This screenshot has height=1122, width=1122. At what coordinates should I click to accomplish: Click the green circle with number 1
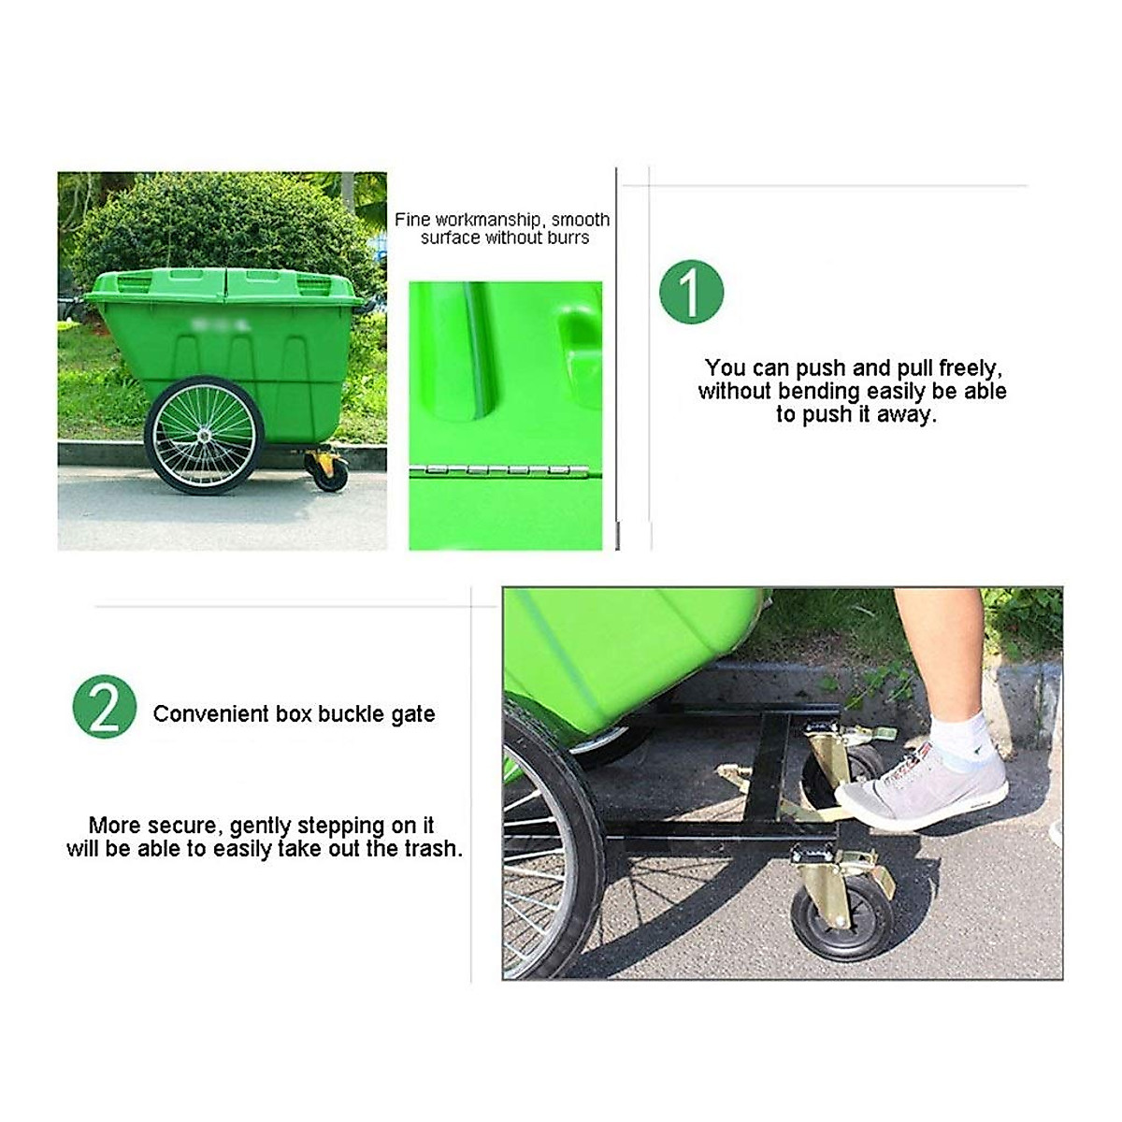[x=692, y=292]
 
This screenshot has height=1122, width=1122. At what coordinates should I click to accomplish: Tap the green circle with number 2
[x=105, y=707]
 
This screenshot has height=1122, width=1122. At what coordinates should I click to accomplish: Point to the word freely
[x=970, y=368]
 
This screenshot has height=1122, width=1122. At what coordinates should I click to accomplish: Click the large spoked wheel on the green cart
[x=204, y=435]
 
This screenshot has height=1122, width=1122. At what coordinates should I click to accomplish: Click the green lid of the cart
[x=224, y=284]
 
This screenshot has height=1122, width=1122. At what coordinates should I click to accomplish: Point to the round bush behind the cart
[x=224, y=224]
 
